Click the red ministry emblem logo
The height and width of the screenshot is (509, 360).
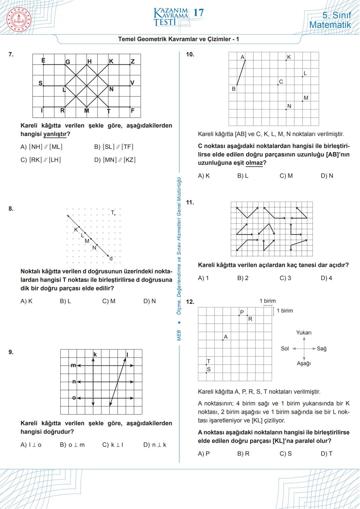[x=19, y=19]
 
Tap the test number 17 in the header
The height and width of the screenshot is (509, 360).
[x=198, y=13]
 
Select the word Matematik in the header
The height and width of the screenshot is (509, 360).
[x=330, y=25]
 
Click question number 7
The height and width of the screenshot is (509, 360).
[x=11, y=54]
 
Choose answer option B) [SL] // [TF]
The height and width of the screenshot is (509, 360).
[x=114, y=147]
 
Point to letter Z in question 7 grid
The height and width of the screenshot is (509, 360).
[x=133, y=61]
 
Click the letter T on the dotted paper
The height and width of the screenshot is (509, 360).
[x=113, y=212]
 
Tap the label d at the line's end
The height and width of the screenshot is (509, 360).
[x=111, y=258]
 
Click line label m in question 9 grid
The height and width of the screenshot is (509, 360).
[x=73, y=366]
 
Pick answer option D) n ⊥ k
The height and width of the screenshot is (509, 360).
[x=155, y=445]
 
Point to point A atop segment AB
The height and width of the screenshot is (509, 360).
[x=243, y=57]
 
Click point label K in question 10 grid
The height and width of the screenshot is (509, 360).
[x=289, y=57]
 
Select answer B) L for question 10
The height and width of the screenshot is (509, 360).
[x=243, y=176]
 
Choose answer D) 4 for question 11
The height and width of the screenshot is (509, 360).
[x=326, y=278]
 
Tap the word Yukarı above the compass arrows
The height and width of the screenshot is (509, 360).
[x=304, y=333]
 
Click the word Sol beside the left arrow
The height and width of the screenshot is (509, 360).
[x=285, y=349]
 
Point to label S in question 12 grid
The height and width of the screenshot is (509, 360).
[x=209, y=369]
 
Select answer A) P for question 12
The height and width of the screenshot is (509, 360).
[x=204, y=454]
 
